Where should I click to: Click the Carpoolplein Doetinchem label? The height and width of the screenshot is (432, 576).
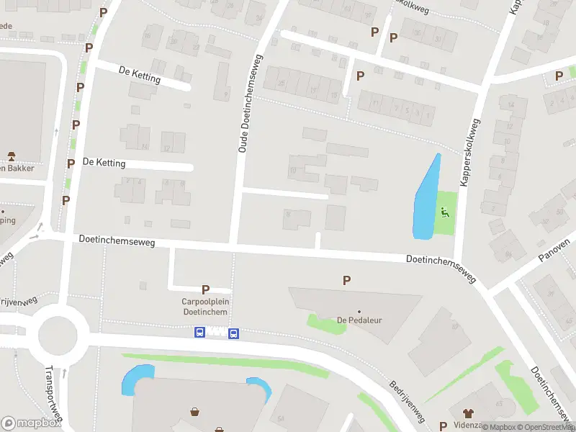205,307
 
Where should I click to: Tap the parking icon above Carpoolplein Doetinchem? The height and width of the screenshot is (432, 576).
205,289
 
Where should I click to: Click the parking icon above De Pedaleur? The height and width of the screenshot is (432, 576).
347,280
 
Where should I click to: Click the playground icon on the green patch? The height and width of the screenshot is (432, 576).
445,212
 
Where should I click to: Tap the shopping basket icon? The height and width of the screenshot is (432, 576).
195,413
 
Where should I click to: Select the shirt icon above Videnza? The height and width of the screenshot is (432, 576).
469,413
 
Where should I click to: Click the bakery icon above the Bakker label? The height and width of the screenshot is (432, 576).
12,156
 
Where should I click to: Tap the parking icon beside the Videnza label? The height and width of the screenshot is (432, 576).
443,426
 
